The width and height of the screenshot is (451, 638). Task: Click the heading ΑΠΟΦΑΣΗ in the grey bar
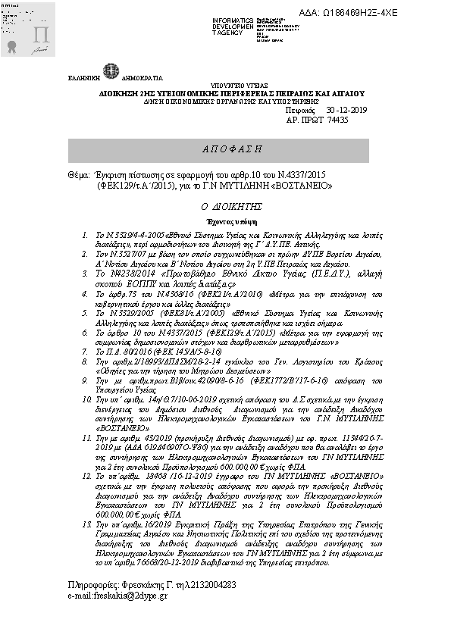(229, 149)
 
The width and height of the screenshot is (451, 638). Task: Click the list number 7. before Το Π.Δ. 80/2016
(85, 333)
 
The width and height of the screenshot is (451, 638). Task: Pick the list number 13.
(86, 546)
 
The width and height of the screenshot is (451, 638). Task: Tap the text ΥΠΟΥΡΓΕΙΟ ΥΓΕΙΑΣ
(227, 88)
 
